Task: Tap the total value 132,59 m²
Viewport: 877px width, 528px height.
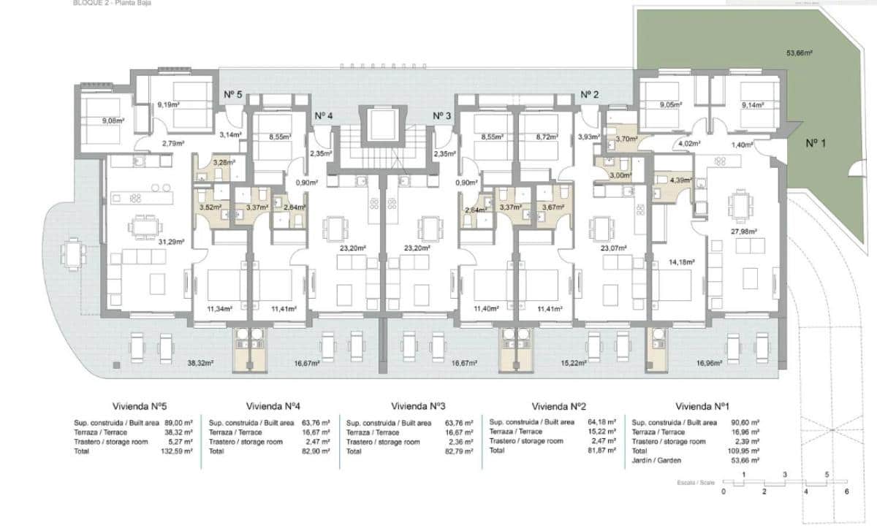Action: pos(178,452)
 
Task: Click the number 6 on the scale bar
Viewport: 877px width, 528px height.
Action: pos(846,491)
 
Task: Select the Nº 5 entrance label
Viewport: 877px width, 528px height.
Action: pos(232,94)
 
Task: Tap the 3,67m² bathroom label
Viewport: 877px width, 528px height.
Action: pos(553,207)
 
